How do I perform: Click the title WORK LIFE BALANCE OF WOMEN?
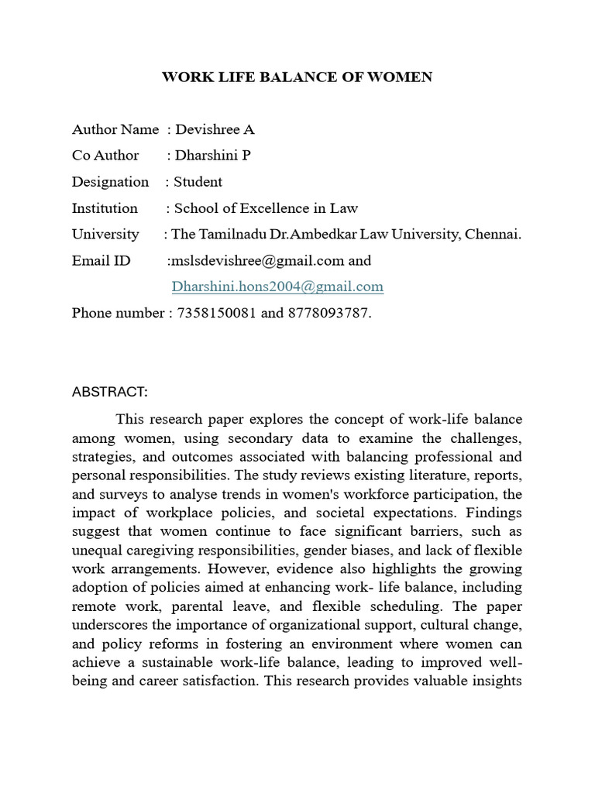tap(297, 77)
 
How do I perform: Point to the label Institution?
tap(105, 208)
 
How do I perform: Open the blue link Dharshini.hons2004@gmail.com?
tap(277, 287)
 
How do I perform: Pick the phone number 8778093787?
tap(328, 313)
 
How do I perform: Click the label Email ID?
tap(101, 260)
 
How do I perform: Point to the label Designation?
tap(110, 182)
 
